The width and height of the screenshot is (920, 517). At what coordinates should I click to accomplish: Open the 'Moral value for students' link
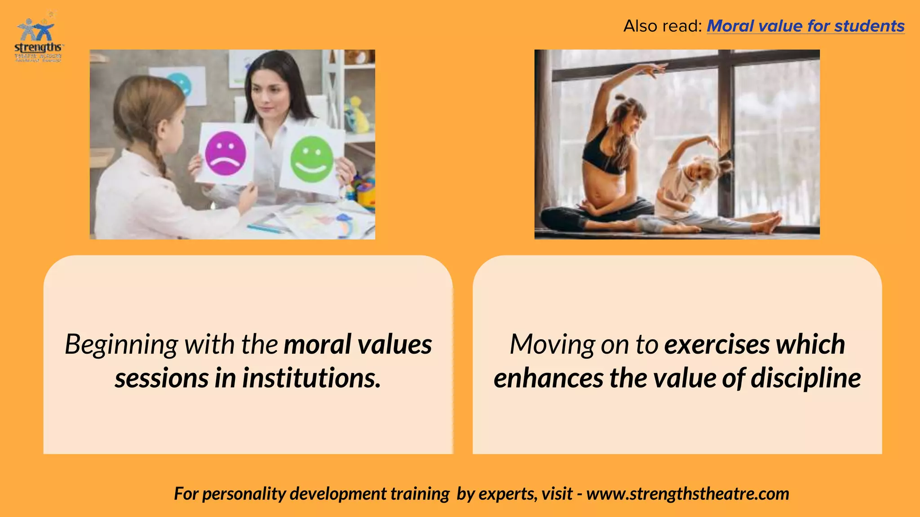click(x=805, y=26)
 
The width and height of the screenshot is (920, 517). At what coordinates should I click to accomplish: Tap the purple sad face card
click(x=226, y=153)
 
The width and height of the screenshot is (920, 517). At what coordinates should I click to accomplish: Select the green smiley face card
click(x=312, y=159)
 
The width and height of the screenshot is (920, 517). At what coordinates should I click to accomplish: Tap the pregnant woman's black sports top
click(x=604, y=155)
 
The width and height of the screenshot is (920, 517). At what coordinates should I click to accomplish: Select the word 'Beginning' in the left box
click(x=121, y=345)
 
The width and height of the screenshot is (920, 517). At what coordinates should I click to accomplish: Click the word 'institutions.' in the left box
click(x=311, y=378)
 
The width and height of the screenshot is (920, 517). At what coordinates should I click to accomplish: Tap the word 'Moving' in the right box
click(x=553, y=345)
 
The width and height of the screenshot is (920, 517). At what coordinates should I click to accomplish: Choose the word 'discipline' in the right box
click(x=806, y=378)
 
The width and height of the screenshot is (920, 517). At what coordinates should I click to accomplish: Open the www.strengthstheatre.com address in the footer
click(x=688, y=494)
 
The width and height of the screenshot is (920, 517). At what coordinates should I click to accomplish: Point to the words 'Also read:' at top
click(x=662, y=26)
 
